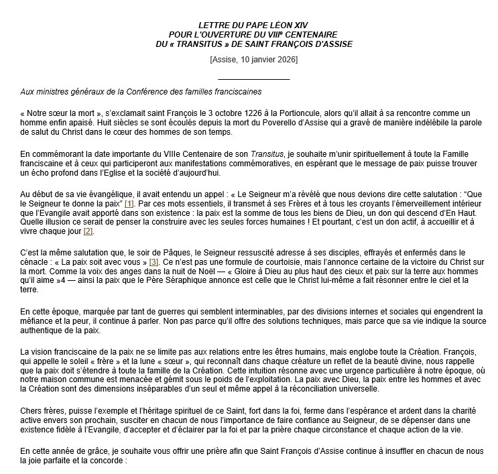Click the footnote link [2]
click(x=88, y=231)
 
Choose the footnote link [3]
click(x=154, y=261)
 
